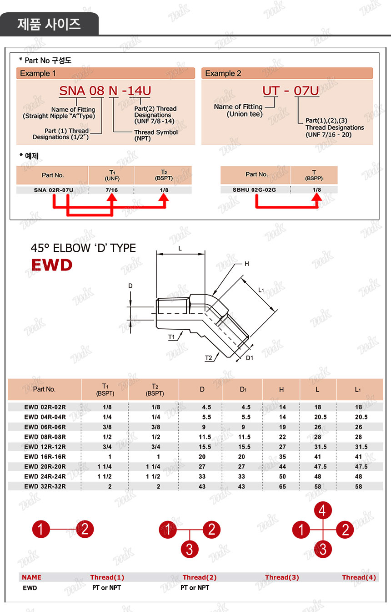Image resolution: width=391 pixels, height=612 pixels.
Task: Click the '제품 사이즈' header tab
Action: (49, 24)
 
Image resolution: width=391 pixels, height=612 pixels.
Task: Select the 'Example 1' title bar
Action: (105, 73)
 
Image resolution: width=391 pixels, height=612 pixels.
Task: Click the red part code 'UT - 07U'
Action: (291, 91)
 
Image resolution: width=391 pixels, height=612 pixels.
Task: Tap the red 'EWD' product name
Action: (51, 265)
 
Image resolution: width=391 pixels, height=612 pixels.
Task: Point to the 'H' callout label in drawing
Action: (247, 264)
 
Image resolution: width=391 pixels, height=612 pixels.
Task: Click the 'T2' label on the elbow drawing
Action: (209, 358)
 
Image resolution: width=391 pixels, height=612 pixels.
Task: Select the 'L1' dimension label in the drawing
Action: (261, 290)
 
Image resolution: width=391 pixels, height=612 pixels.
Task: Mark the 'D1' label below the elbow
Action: (249, 358)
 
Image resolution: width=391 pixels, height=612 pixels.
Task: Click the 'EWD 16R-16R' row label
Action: (45, 456)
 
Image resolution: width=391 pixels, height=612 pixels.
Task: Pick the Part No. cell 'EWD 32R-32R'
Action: (45, 486)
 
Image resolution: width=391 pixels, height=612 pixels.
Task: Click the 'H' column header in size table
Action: (281, 389)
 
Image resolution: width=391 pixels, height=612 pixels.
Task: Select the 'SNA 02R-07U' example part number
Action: (53, 190)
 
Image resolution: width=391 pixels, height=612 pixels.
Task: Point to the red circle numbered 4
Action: (323, 510)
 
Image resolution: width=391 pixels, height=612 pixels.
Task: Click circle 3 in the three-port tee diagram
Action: (190, 549)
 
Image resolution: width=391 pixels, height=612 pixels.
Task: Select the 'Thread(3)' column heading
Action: (282, 577)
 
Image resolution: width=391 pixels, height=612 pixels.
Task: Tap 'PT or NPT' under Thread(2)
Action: (195, 587)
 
